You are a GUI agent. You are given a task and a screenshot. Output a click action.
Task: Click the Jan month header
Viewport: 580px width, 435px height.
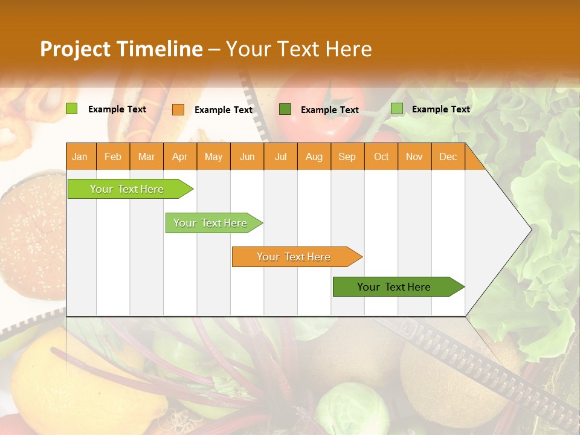pos(80,157)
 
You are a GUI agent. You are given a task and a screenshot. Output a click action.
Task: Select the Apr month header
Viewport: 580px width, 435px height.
pos(179,157)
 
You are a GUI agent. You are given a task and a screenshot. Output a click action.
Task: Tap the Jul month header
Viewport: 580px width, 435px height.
pos(280,157)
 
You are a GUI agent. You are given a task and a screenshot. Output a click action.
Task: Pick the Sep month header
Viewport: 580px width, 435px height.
pos(347,157)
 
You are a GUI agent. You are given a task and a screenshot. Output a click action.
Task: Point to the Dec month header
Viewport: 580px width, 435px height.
pos(448,157)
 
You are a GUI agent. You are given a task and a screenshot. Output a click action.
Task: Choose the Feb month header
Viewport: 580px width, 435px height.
pos(113,157)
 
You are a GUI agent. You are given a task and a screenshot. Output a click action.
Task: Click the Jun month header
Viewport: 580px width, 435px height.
pos(247,157)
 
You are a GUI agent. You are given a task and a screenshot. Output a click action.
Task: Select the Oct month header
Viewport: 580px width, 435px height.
pos(381,157)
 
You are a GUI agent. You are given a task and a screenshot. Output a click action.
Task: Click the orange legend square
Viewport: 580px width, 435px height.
pos(178,109)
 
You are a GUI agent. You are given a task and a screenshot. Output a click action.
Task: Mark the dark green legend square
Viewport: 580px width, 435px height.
pos(285,109)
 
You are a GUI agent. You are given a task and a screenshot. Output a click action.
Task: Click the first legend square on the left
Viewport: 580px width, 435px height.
pos(71,109)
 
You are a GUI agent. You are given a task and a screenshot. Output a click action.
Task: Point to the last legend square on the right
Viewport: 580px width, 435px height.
pos(396,109)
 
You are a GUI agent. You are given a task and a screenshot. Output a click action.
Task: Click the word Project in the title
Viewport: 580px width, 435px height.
pos(76,49)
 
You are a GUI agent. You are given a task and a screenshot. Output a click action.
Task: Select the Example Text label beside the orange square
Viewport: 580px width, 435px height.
pos(223,110)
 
